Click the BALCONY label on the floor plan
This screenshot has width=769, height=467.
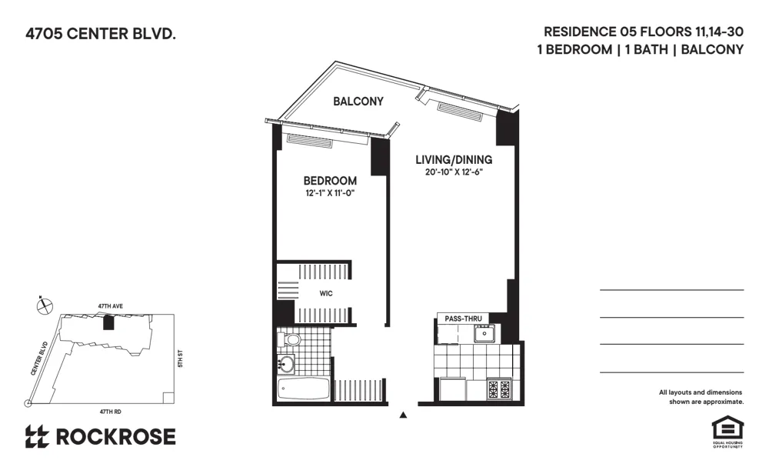(x=358, y=102)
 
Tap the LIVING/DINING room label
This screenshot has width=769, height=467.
(x=454, y=160)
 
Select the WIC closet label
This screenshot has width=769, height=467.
(x=326, y=293)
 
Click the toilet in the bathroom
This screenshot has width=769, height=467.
(x=291, y=339)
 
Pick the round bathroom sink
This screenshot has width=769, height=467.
(x=286, y=364)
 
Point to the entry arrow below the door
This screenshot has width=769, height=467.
(x=403, y=416)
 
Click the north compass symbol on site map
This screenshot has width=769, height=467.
(x=45, y=305)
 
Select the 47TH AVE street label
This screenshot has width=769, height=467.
(x=109, y=305)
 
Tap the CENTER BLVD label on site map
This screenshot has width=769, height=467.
(x=39, y=359)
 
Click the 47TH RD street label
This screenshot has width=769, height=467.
(x=105, y=412)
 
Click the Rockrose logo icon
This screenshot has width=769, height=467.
(x=37, y=437)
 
